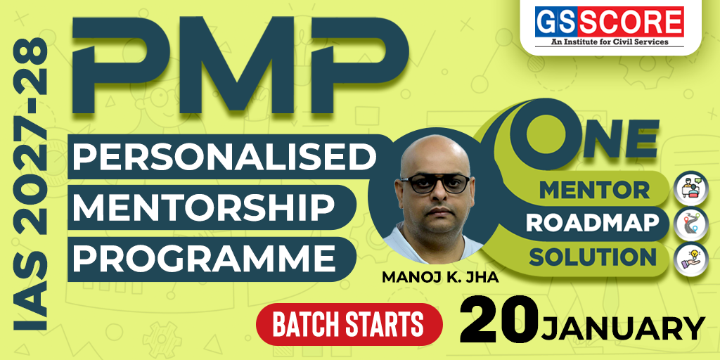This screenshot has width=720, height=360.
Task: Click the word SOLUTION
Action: tap(592, 257)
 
